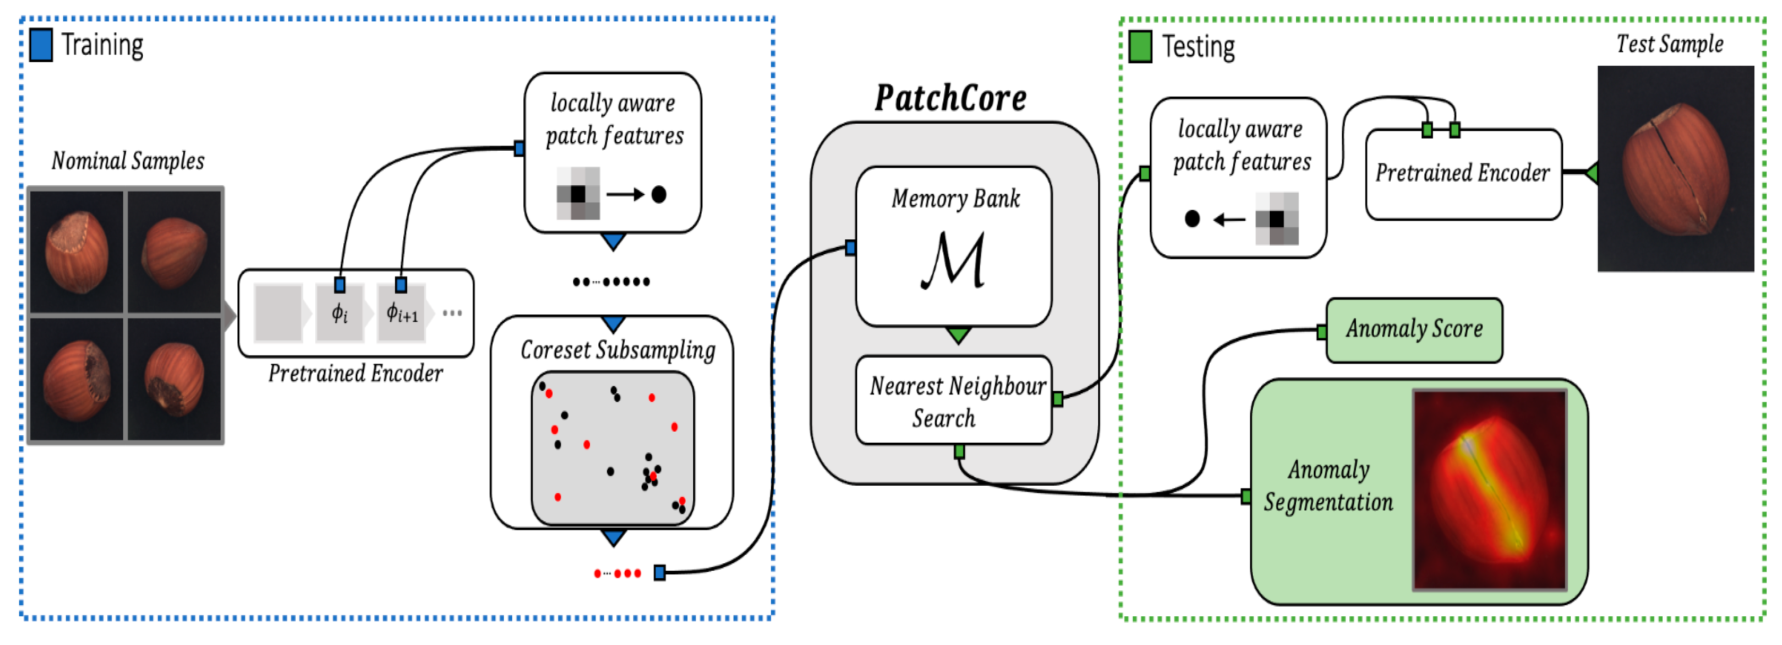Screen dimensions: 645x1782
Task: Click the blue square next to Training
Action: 41,45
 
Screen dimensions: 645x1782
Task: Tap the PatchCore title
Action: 951,98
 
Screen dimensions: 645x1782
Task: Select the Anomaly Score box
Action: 1414,330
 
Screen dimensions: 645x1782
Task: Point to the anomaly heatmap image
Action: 1490,490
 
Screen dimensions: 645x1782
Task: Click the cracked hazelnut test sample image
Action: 1675,169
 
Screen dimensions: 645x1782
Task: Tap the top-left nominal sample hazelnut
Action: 77,252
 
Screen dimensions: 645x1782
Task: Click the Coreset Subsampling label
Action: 618,350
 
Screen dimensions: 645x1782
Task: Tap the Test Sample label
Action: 1669,44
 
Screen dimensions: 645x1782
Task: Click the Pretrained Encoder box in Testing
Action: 1463,174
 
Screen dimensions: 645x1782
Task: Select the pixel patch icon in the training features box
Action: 578,194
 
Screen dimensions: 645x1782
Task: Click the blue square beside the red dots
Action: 659,572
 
